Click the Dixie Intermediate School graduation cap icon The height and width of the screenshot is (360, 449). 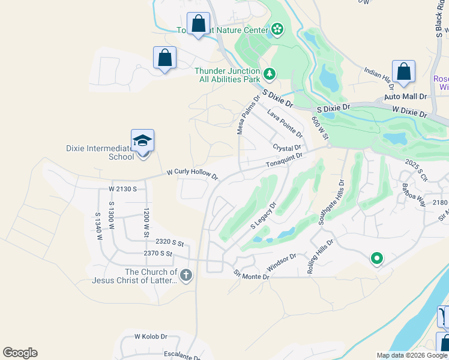(143, 140)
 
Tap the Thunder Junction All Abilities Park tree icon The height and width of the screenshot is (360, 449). (270, 74)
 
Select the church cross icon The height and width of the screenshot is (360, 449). (186, 275)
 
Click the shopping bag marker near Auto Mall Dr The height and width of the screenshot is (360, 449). (404, 71)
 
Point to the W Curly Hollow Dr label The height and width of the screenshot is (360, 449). (192, 174)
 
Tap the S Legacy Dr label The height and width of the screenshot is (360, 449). (263, 215)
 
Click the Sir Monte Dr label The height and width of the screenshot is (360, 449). (252, 274)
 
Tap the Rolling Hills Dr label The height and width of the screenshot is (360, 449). (319, 256)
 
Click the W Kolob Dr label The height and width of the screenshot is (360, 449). (150, 337)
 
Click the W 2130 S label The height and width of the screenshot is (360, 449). (123, 189)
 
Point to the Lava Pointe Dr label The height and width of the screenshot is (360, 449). (285, 123)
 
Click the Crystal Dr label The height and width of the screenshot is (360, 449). (286, 148)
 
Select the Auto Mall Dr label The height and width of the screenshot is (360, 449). (405, 96)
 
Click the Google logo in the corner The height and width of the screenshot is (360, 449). (20, 353)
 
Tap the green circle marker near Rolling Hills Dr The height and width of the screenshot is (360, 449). (376, 259)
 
